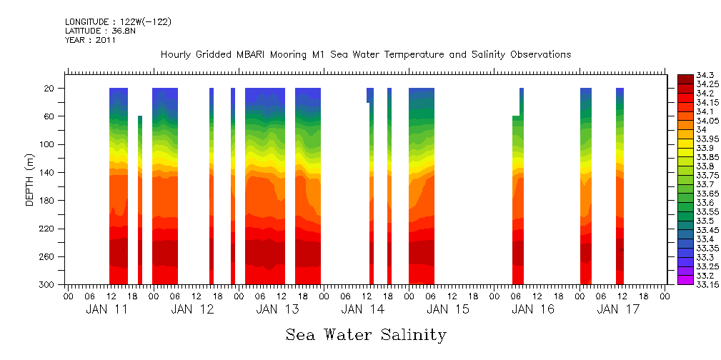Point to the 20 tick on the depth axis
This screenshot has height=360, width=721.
click(50, 89)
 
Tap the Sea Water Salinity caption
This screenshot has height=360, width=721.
click(366, 335)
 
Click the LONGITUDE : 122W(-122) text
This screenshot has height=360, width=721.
click(118, 22)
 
